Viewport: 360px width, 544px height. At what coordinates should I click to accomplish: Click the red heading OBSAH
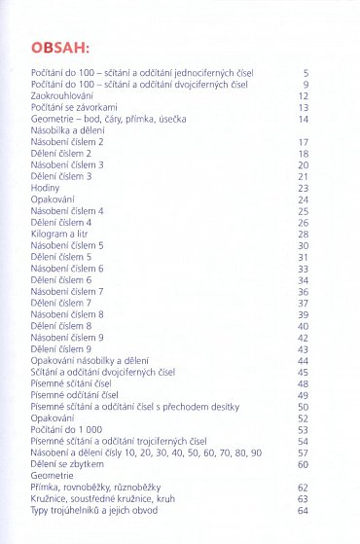tap(60, 46)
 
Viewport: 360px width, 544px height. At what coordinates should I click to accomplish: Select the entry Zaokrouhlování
tap(63, 95)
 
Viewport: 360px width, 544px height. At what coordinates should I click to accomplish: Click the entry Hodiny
tap(46, 188)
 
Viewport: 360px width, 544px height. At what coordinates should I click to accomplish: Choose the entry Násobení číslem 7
tap(67, 292)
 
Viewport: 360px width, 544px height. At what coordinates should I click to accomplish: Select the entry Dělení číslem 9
tap(61, 348)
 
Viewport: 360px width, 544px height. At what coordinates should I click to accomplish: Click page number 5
tap(305, 73)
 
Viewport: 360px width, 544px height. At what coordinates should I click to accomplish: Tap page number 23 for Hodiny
tap(303, 188)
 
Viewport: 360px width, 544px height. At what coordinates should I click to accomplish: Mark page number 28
tap(303, 234)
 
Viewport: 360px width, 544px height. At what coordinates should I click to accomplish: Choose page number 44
tap(303, 360)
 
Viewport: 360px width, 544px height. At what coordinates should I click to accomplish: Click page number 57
tap(303, 453)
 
